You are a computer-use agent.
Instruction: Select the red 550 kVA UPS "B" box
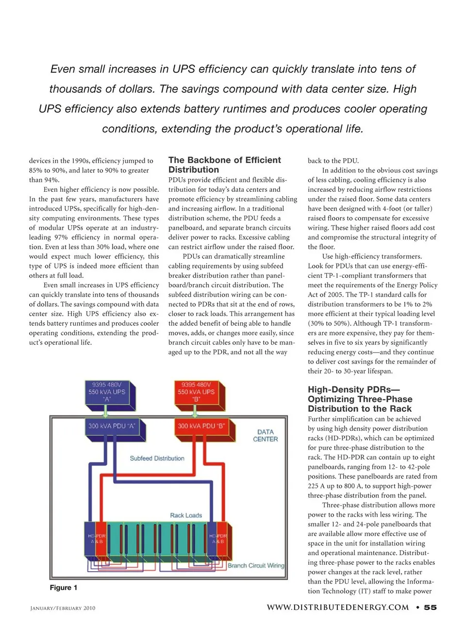coord(196,392)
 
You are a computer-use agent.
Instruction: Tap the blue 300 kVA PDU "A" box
coord(112,426)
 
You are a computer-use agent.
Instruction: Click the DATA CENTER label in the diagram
coord(266,435)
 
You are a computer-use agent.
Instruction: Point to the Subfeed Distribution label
coord(157,458)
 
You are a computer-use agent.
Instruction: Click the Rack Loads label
coord(186,515)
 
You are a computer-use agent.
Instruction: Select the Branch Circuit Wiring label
coord(256,565)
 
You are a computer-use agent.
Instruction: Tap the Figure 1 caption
coord(64,588)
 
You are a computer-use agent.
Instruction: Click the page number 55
coord(430,607)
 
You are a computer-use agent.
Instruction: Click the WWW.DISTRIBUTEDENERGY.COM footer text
coord(338,607)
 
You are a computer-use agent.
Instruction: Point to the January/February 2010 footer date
coord(63,608)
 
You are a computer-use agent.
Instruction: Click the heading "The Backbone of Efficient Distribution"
coord(224,165)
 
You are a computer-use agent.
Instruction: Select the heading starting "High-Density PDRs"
coord(360,399)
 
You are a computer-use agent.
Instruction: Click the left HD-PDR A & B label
coord(96,539)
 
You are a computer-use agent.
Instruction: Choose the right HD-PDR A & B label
coord(218,539)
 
